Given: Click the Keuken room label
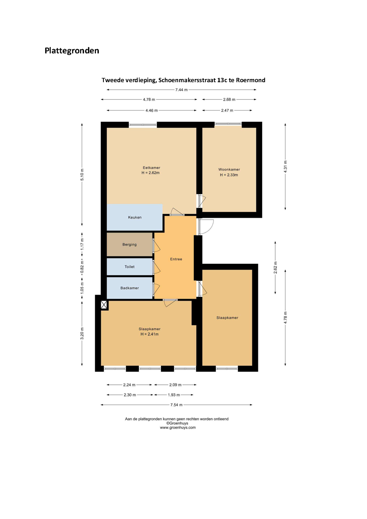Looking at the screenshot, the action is tap(134, 217).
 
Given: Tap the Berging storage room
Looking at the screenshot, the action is tap(129, 244).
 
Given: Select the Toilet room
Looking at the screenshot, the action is tap(129, 267).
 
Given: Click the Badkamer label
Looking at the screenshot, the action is tap(129, 288).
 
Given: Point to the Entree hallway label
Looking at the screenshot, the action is tap(176, 259).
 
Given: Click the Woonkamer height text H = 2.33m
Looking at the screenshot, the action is tap(229, 175).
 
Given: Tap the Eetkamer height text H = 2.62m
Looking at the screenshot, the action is tap(151, 173).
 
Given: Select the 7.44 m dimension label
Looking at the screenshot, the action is tap(181, 90).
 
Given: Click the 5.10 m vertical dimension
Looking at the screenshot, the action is tap(82, 175).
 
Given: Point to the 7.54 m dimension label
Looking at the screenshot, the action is tap(177, 405).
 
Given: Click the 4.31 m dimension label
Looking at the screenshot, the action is tap(285, 167).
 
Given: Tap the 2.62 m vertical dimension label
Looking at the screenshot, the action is tap(275, 267).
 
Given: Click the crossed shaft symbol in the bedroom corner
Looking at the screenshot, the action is tap(104, 305).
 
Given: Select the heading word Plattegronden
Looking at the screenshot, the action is tap(72, 50).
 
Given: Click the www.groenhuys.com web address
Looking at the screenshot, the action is tap(178, 427).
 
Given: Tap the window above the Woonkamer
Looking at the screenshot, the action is tap(228, 124).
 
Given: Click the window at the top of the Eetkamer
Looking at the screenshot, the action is tap(143, 125).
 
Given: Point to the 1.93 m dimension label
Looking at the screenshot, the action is tap(174, 395).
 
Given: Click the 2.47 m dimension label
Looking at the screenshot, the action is tap(227, 111).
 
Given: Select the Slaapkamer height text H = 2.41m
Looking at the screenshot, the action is tap(150, 334).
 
